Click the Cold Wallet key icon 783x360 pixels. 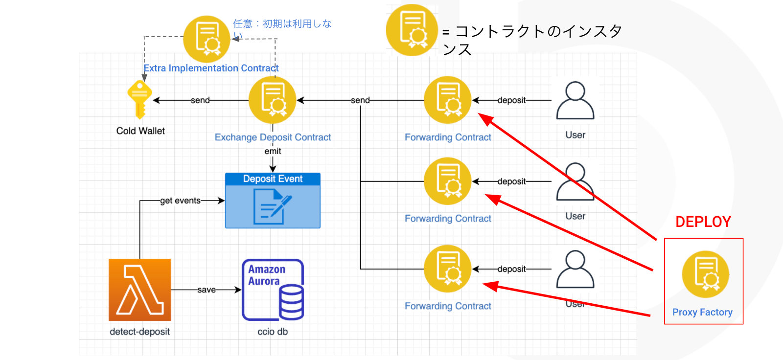(140, 99)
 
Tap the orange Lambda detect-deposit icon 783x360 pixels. (140, 290)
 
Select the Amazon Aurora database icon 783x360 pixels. (273, 290)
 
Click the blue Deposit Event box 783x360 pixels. (273, 201)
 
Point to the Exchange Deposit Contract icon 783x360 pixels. (273, 100)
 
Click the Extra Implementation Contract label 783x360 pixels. (211, 68)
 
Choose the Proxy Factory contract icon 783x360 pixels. (706, 274)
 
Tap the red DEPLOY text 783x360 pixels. (703, 222)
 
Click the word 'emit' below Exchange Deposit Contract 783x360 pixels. (273, 151)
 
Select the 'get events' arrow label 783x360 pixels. (180, 201)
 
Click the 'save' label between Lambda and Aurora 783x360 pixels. (206, 290)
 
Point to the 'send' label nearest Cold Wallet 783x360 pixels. (200, 100)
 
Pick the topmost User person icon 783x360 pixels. (575, 100)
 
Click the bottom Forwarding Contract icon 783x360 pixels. (447, 269)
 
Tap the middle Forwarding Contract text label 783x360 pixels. (448, 219)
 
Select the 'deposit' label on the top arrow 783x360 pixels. (511, 100)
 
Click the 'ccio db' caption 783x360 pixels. (273, 332)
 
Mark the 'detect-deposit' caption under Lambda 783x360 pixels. (140, 332)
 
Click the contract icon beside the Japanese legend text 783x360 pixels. (412, 30)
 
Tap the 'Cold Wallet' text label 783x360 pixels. (140, 131)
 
